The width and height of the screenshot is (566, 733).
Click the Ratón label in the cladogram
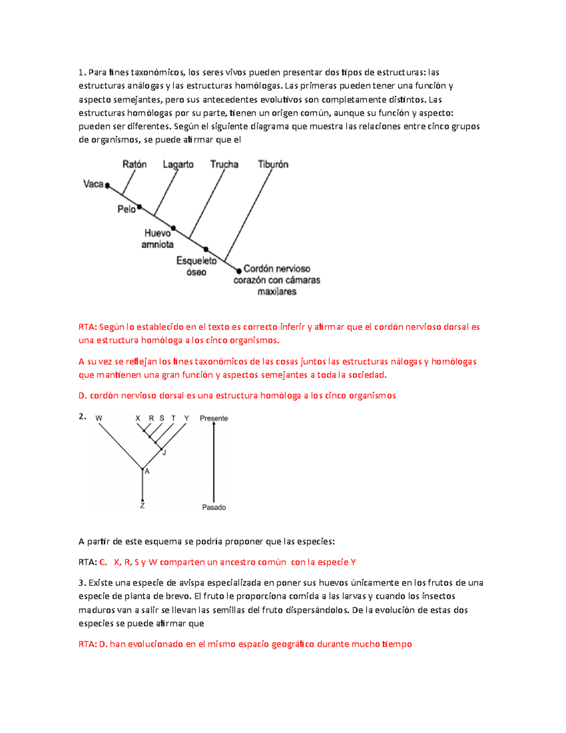134,164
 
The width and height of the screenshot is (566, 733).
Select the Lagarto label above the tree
178,164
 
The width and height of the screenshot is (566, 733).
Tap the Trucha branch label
224,164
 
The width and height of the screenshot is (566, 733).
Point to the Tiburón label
273,164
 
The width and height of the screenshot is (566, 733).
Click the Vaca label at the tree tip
93,184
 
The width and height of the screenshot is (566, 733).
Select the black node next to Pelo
139,207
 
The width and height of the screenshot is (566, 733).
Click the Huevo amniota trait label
158,239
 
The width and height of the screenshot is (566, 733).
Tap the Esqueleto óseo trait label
196,266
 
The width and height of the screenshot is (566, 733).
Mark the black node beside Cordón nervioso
239,271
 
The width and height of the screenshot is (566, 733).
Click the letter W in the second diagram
99,418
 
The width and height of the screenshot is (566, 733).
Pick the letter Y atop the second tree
186,418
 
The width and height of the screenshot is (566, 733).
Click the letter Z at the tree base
142,506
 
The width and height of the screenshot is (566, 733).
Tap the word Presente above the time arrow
214,418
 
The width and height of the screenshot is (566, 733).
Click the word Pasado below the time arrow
214,507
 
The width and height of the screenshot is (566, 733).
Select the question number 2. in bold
82,416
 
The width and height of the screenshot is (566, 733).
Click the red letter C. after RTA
103,562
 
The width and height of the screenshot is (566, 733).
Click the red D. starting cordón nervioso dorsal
83,396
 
